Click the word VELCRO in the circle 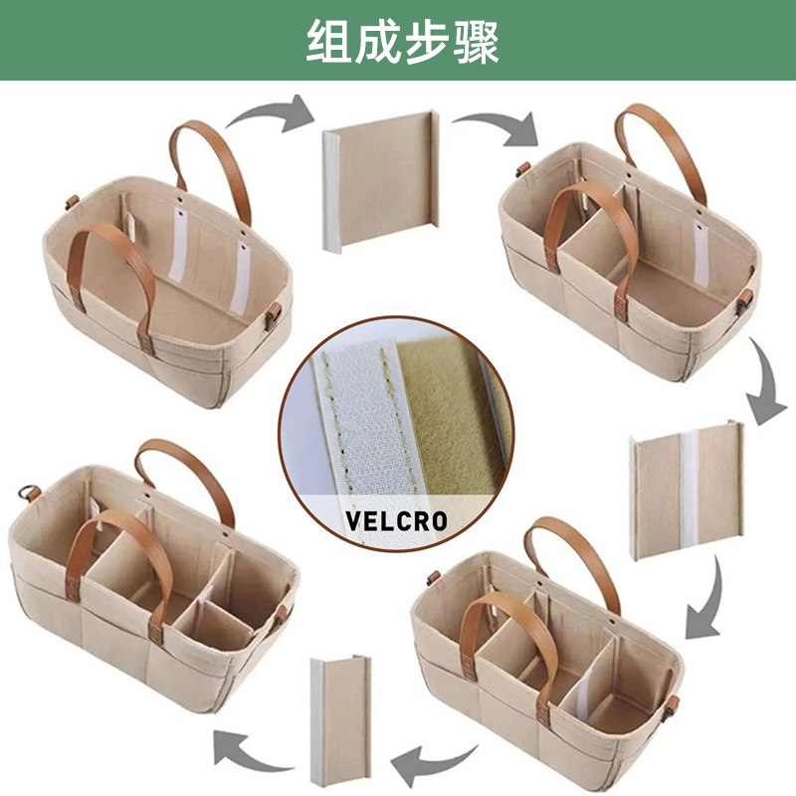tap(396, 519)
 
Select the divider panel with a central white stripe tap(687, 488)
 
